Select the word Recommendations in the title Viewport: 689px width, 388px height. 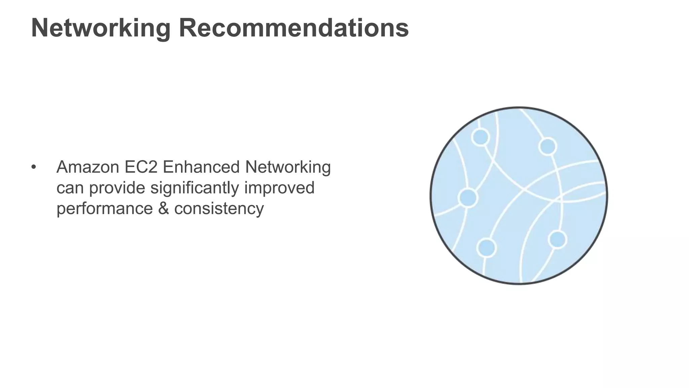[x=294, y=28]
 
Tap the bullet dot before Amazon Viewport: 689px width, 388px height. [x=33, y=167]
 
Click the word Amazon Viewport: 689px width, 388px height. [x=88, y=167]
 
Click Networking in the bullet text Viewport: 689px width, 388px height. [x=288, y=167]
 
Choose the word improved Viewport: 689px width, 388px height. [x=279, y=188]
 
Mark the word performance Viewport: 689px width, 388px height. [x=105, y=208]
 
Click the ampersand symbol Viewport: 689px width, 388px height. [x=163, y=208]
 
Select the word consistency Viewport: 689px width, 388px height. [x=219, y=208]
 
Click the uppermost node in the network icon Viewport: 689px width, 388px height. [x=480, y=137]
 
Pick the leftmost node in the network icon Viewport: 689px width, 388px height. [x=468, y=198]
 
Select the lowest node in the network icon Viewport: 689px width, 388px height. [x=486, y=248]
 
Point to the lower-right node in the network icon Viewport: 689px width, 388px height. [x=557, y=239]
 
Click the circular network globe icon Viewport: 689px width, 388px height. [x=518, y=196]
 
